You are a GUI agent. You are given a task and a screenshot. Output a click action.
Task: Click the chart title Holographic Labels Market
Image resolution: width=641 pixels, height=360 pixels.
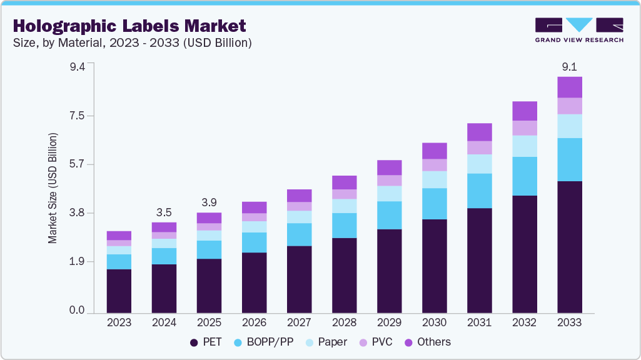pyautogui.click(x=129, y=26)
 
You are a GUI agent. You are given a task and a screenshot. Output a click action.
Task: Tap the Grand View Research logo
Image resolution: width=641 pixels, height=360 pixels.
pyautogui.click(x=579, y=29)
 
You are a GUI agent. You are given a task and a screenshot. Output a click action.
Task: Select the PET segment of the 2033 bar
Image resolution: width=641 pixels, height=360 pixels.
pyautogui.click(x=570, y=247)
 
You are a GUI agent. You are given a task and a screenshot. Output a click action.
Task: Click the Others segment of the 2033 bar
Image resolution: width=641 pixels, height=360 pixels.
pyautogui.click(x=570, y=87)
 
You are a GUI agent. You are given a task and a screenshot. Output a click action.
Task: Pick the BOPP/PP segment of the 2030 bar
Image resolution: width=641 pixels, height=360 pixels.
pyautogui.click(x=435, y=203)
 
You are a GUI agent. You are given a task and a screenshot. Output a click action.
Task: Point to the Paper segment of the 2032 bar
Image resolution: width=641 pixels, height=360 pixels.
pyautogui.click(x=525, y=146)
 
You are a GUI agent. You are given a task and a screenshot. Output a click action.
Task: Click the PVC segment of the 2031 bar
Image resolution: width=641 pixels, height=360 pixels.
pyautogui.click(x=480, y=147)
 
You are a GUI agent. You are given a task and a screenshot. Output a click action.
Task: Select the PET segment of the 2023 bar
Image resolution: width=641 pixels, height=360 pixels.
pyautogui.click(x=119, y=291)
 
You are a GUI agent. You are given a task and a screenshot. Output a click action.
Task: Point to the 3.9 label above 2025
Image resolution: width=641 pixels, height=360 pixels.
pyautogui.click(x=209, y=202)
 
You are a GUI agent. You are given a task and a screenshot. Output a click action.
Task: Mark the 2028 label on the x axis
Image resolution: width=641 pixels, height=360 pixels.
pyautogui.click(x=344, y=323)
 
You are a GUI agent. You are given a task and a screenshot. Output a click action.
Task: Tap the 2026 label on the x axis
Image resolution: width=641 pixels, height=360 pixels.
pyautogui.click(x=254, y=323)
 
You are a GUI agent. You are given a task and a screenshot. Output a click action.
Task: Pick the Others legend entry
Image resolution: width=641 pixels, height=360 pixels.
pyautogui.click(x=427, y=342)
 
